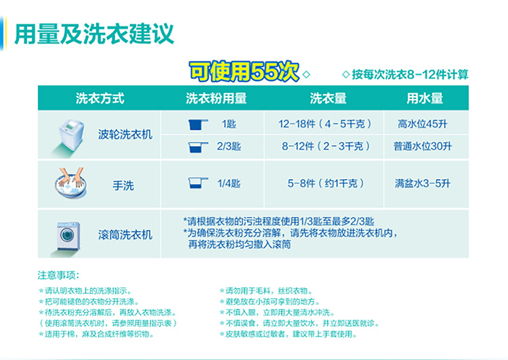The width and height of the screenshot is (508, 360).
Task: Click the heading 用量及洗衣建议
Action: point(94,34)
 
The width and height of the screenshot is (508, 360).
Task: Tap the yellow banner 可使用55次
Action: point(244,72)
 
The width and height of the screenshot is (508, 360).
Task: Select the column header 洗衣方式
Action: point(100,98)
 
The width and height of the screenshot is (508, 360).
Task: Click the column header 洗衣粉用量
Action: point(216,98)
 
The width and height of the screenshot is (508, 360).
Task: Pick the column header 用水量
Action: point(425,98)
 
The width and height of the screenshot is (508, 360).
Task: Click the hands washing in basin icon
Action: point(70,183)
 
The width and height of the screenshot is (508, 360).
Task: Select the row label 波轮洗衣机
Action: point(125,135)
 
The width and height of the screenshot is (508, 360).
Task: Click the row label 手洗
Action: point(123,185)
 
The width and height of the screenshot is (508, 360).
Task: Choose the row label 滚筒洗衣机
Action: point(125,235)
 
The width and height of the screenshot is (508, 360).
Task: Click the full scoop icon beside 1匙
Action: point(198,125)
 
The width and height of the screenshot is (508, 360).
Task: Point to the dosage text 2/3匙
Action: point(229,146)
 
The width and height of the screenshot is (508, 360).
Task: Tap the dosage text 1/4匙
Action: point(229,183)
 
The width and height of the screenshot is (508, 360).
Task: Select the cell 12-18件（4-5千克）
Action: point(324,124)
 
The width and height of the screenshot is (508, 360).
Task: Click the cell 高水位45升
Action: point(423,124)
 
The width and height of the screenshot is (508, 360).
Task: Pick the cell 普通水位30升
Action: point(423,146)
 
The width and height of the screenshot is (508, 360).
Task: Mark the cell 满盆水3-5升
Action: point(423,183)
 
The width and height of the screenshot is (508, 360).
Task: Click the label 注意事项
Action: point(58,275)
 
